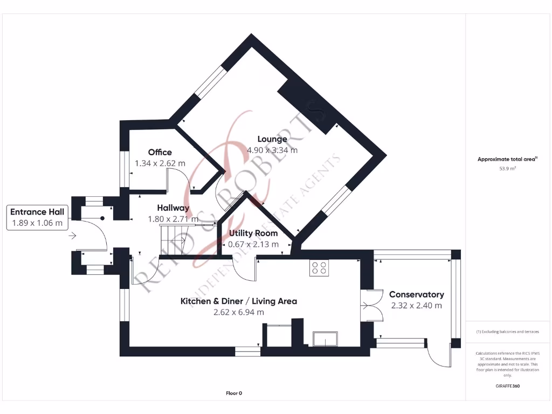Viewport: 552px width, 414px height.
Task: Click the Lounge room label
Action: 272,139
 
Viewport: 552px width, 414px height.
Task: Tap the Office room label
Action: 160,152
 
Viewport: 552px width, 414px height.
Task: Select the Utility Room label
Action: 253,233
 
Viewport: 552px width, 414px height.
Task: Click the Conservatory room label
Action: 416,294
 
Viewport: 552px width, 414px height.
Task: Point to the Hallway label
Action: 173,208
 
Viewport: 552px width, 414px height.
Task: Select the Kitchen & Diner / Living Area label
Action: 238,301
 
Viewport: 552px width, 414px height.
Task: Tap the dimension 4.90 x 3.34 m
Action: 272,150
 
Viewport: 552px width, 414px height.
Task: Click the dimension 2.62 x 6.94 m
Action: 238,312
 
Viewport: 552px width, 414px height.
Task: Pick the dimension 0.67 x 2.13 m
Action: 253,244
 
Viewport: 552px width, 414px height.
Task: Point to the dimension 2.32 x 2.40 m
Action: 416,306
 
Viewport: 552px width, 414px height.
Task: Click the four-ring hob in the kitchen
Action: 319,268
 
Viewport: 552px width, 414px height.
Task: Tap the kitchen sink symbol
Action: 326,339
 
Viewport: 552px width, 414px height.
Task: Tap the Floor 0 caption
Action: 234,393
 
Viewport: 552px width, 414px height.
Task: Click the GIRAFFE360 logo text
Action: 507,386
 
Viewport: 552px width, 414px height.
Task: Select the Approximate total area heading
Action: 507,159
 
